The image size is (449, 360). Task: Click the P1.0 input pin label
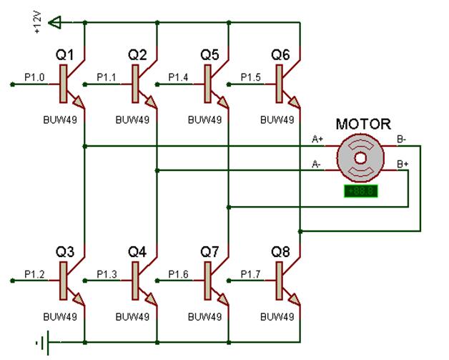coord(34,77)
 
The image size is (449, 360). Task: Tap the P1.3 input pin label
coord(107,273)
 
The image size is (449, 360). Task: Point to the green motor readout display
coord(360,191)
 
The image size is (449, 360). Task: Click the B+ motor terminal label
coord(403,163)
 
